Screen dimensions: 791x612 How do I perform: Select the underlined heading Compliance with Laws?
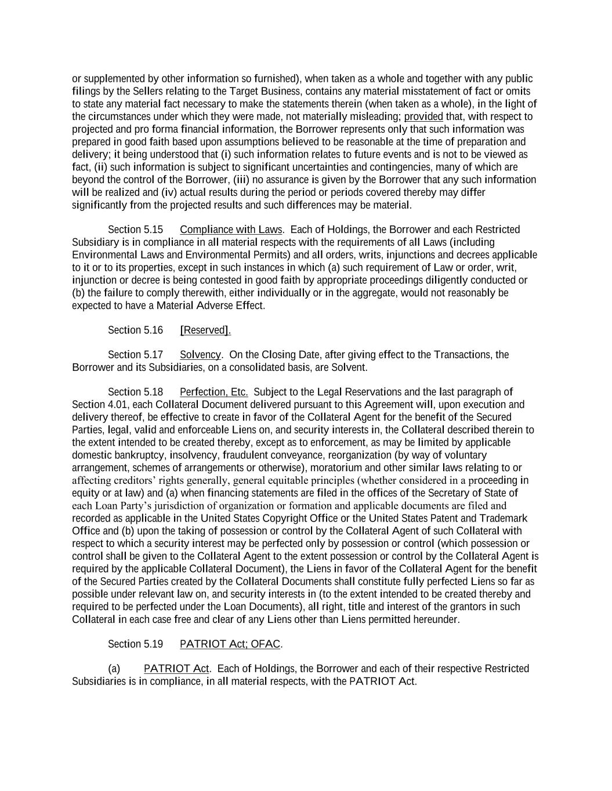coord(231,229)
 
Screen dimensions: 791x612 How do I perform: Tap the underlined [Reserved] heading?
coord(205,330)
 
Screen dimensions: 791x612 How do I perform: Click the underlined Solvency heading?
coord(200,355)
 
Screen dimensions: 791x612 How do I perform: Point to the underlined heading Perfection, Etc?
coord(214,392)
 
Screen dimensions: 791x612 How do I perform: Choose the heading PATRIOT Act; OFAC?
coord(230,644)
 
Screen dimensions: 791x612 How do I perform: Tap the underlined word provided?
coord(423,116)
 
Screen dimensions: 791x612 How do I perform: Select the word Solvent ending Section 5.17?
coord(349,367)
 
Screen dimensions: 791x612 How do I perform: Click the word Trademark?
coord(505,518)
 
